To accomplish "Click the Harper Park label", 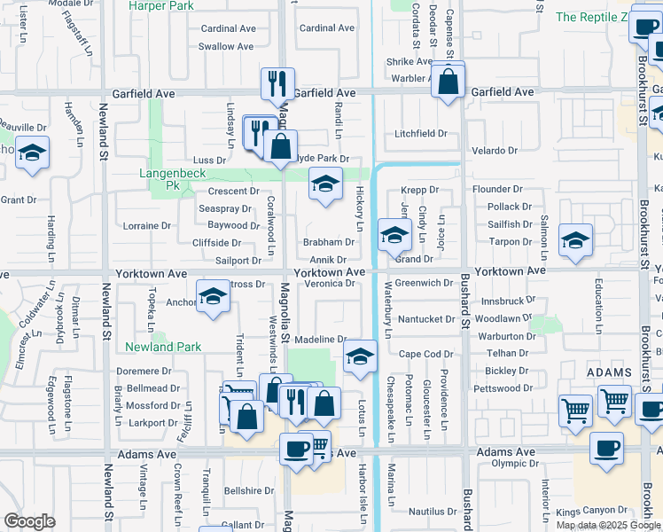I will [x=160, y=5].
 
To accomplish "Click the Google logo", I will [x=29, y=520].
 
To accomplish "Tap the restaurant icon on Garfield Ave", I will [x=277, y=83].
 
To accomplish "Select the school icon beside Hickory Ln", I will [x=325, y=184].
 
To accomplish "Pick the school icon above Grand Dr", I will [x=394, y=235].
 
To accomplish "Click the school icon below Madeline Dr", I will [x=359, y=356].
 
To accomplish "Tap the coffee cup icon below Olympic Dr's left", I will [x=606, y=449].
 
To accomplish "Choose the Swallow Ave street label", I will [x=228, y=46].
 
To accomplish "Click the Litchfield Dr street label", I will [x=421, y=134].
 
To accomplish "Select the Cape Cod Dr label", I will [x=425, y=354].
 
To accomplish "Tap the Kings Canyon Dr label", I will [x=592, y=512].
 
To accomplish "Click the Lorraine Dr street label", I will [x=146, y=226].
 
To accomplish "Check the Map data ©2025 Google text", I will [x=608, y=525].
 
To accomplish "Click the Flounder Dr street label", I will [x=497, y=189].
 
